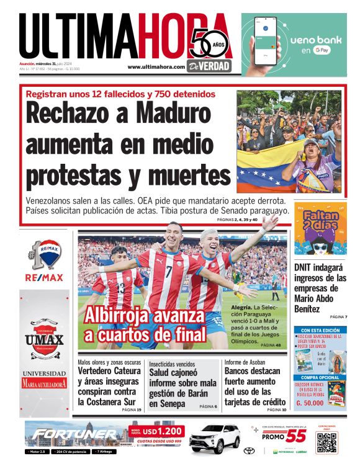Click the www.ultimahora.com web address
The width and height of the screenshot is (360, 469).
coord(156,67)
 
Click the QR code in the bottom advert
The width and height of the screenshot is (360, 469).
coord(326,442)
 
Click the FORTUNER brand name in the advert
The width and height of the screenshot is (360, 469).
coord(74,434)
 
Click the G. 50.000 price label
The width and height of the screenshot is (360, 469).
coord(311,403)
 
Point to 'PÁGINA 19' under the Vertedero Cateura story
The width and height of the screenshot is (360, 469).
coord(132,410)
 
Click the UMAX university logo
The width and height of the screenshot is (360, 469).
coord(44,339)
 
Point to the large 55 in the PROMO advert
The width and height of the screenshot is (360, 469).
coord(295,436)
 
